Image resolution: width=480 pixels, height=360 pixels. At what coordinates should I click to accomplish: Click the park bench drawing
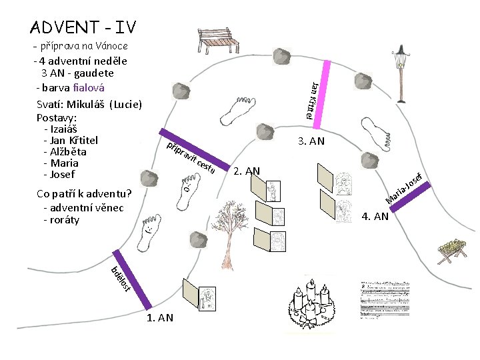click(219, 39)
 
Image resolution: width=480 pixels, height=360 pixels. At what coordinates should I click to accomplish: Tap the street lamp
click(401, 73)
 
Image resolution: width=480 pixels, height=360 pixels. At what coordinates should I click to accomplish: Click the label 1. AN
click(159, 318)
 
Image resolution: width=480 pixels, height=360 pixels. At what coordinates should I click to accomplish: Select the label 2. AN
click(247, 171)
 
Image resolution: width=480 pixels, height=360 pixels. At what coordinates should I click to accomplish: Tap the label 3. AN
click(311, 141)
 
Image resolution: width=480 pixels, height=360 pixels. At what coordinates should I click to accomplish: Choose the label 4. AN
click(375, 215)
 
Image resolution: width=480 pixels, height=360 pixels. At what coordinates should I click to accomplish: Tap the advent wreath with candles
click(311, 303)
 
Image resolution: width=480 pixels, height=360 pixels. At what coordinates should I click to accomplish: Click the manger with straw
click(451, 250)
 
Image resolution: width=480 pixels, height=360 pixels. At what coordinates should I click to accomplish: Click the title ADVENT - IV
click(83, 27)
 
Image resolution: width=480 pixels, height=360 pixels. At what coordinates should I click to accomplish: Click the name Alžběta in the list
click(64, 151)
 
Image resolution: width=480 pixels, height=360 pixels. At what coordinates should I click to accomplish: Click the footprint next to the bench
click(236, 110)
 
